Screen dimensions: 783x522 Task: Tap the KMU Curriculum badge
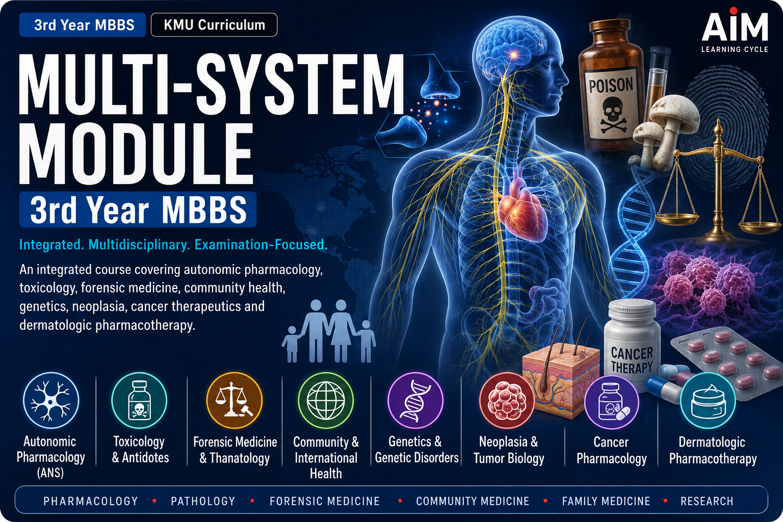(214, 25)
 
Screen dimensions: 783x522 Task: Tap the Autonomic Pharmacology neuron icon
(51, 400)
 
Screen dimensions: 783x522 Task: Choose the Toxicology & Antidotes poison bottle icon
(139, 400)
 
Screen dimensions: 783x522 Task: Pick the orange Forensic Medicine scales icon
(234, 400)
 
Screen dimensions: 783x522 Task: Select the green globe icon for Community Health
(326, 400)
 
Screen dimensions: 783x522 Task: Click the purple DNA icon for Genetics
(415, 400)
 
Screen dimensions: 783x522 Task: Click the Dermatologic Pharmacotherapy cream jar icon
(708, 400)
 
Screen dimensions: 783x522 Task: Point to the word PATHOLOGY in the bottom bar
(203, 501)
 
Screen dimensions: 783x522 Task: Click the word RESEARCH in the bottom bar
(707, 501)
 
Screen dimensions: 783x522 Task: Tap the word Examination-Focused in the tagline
(261, 244)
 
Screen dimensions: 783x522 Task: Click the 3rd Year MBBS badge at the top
(83, 25)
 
